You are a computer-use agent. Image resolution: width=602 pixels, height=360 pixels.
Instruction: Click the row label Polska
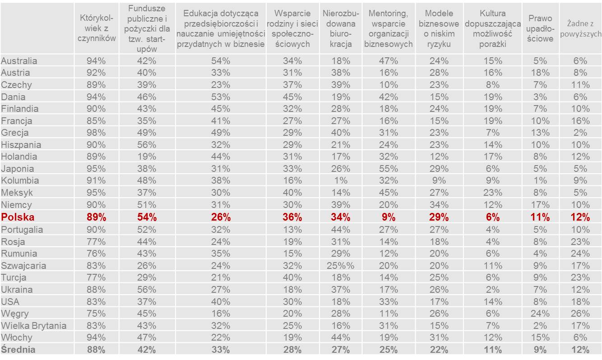pos(18,217)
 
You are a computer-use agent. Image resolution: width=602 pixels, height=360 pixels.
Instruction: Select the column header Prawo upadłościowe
pos(540,28)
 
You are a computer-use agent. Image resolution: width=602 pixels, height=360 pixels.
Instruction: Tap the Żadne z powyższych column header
pos(580,28)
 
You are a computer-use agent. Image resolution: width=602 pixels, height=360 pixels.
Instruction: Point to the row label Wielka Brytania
pos(34,326)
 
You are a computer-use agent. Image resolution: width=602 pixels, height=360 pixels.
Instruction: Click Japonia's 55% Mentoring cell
pos(388,169)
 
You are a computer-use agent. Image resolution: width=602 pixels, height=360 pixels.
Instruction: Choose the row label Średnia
pos(18,349)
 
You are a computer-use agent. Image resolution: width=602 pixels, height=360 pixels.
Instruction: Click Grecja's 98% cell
pos(96,133)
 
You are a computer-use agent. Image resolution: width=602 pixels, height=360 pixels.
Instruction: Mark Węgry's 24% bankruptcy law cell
pos(540,314)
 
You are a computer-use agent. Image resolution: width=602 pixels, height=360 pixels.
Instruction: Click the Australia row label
pos(19,61)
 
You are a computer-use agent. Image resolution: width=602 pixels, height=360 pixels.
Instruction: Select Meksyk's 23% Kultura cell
pos(492,193)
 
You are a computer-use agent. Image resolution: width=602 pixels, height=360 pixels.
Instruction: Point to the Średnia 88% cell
pos(96,349)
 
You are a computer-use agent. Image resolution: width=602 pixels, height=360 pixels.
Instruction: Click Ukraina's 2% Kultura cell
pos(492,290)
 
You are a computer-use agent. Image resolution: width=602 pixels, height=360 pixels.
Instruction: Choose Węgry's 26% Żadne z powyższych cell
pos(580,314)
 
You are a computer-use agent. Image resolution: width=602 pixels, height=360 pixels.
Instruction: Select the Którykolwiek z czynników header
pos(96,28)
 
